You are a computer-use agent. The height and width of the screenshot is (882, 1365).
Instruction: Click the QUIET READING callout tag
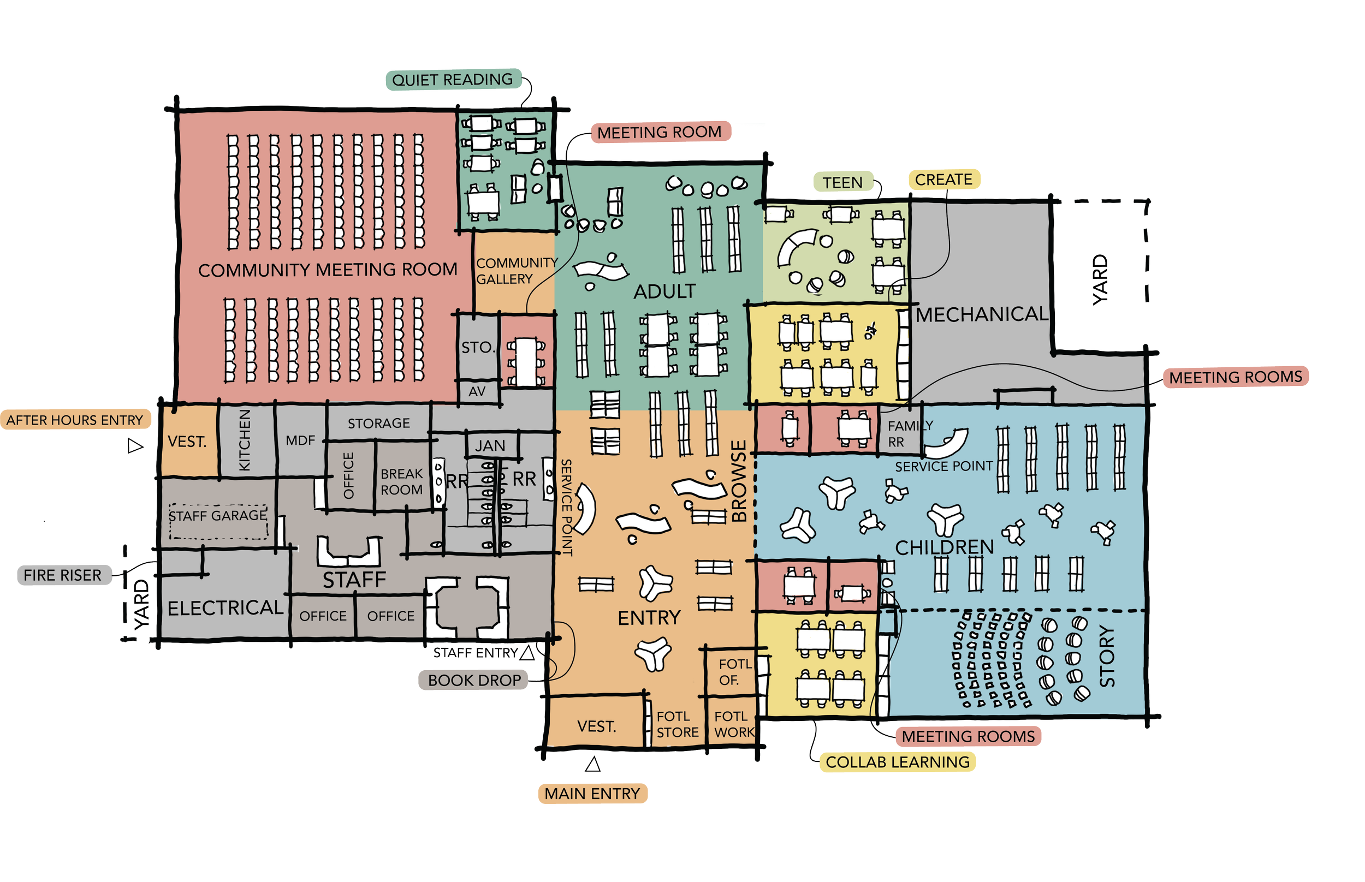453,80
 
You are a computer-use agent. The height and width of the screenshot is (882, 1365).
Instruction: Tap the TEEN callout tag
842,183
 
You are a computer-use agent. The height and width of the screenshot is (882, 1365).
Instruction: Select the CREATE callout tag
943,180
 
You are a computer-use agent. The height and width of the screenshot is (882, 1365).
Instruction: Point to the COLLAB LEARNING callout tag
898,762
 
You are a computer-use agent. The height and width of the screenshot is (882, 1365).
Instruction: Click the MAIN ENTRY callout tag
592,794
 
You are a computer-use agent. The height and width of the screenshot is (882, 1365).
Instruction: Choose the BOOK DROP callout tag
474,681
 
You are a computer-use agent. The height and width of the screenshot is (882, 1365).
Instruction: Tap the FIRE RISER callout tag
62,575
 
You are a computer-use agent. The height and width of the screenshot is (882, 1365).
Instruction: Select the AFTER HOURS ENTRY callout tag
74,420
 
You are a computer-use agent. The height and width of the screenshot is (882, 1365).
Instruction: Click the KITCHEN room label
245,440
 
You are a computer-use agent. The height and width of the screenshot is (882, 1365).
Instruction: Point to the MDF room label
300,440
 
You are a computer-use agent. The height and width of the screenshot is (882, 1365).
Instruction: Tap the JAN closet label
490,445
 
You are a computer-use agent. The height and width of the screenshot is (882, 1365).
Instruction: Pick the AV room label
477,392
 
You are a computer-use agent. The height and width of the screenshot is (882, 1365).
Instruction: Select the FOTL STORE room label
677,724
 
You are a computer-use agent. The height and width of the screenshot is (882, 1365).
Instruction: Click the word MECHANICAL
981,314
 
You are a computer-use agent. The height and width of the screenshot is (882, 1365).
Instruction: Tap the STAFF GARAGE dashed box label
218,515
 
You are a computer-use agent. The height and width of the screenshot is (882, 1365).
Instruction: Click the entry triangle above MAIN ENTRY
594,764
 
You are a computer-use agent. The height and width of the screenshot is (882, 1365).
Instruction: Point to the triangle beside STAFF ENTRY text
527,652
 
